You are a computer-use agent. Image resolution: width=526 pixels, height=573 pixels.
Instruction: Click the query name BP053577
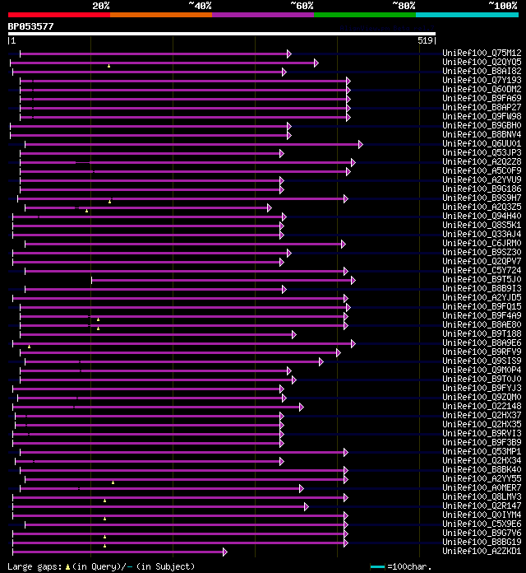pyautogui.click(x=31, y=26)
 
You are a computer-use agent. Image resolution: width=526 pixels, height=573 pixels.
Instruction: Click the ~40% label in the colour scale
pyautogui.click(x=200, y=5)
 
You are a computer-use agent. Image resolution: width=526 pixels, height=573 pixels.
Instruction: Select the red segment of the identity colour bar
pyautogui.click(x=58, y=15)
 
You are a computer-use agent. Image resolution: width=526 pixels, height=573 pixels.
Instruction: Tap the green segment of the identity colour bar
pyautogui.click(x=364, y=15)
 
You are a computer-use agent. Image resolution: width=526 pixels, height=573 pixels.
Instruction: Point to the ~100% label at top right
pyautogui.click(x=502, y=5)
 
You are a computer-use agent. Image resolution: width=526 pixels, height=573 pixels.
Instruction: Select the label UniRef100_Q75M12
pyautogui.click(x=482, y=54)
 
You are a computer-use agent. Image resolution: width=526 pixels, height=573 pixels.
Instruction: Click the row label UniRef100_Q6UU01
pyautogui.click(x=482, y=144)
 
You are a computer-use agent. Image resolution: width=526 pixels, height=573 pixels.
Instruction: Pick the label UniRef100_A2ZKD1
pyautogui.click(x=482, y=551)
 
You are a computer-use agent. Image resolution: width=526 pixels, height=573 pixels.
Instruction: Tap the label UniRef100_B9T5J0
pyautogui.click(x=482, y=280)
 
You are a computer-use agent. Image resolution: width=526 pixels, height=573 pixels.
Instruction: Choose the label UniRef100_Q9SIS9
pyautogui.click(x=482, y=361)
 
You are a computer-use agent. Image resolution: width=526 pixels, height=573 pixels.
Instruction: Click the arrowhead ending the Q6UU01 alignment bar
pyautogui.click(x=360, y=144)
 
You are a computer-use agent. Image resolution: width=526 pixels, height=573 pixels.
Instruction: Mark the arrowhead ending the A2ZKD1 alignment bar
pyautogui.click(x=224, y=551)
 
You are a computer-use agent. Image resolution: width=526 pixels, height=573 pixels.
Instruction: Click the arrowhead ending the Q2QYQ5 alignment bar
pyautogui.click(x=316, y=63)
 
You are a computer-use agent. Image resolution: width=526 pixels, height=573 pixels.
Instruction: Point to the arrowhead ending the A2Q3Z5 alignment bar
pyautogui.click(x=269, y=207)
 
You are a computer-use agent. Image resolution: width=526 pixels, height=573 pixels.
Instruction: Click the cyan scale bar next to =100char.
pyautogui.click(x=377, y=566)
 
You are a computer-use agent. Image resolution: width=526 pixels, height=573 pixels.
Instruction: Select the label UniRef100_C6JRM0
pyautogui.click(x=482, y=244)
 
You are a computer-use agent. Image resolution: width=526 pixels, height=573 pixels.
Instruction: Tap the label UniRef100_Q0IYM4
pyautogui.click(x=482, y=515)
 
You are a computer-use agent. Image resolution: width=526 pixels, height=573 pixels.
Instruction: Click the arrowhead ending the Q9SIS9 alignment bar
pyautogui.click(x=321, y=361)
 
